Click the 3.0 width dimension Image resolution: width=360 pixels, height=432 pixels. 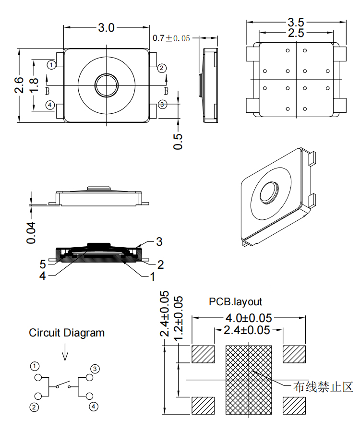(106, 28)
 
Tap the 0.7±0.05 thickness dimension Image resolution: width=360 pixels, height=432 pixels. (171, 38)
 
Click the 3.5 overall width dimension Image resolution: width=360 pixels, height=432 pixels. (295, 22)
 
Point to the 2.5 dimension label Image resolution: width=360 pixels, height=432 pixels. (295, 33)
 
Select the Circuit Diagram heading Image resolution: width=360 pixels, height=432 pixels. (66, 332)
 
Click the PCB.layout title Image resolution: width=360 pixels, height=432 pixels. (235, 301)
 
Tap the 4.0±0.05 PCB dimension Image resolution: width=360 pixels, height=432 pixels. (249, 318)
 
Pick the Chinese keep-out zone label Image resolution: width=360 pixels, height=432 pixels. (324, 386)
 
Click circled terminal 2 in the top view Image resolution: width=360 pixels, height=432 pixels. (162, 68)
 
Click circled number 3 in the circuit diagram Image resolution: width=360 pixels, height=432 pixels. (95, 369)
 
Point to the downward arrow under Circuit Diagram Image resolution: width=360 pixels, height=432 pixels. (65, 354)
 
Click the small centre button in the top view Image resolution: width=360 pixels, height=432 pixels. (106, 85)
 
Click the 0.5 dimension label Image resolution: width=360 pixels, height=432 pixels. (178, 140)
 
